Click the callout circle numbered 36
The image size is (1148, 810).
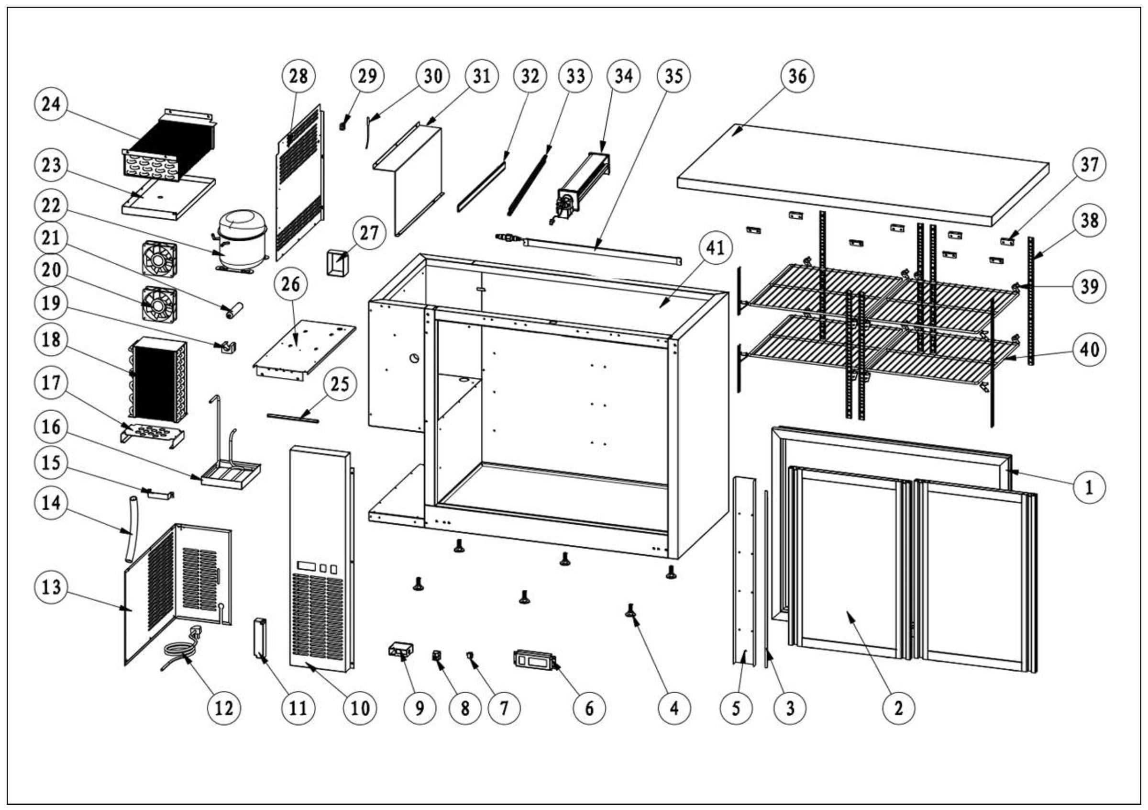click(x=797, y=76)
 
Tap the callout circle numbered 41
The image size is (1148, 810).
click(x=715, y=247)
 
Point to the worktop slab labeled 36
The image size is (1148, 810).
click(x=862, y=173)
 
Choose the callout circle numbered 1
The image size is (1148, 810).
click(x=1089, y=486)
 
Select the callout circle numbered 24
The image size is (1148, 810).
click(x=51, y=104)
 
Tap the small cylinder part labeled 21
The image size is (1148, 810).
click(x=233, y=310)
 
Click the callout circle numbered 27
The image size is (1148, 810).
click(x=369, y=233)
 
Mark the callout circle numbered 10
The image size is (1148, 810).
click(x=360, y=708)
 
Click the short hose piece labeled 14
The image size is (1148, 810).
click(x=131, y=530)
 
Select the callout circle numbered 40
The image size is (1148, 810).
click(x=1090, y=349)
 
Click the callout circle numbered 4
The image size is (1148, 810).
click(x=673, y=708)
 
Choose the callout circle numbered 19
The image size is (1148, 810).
click(x=51, y=303)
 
